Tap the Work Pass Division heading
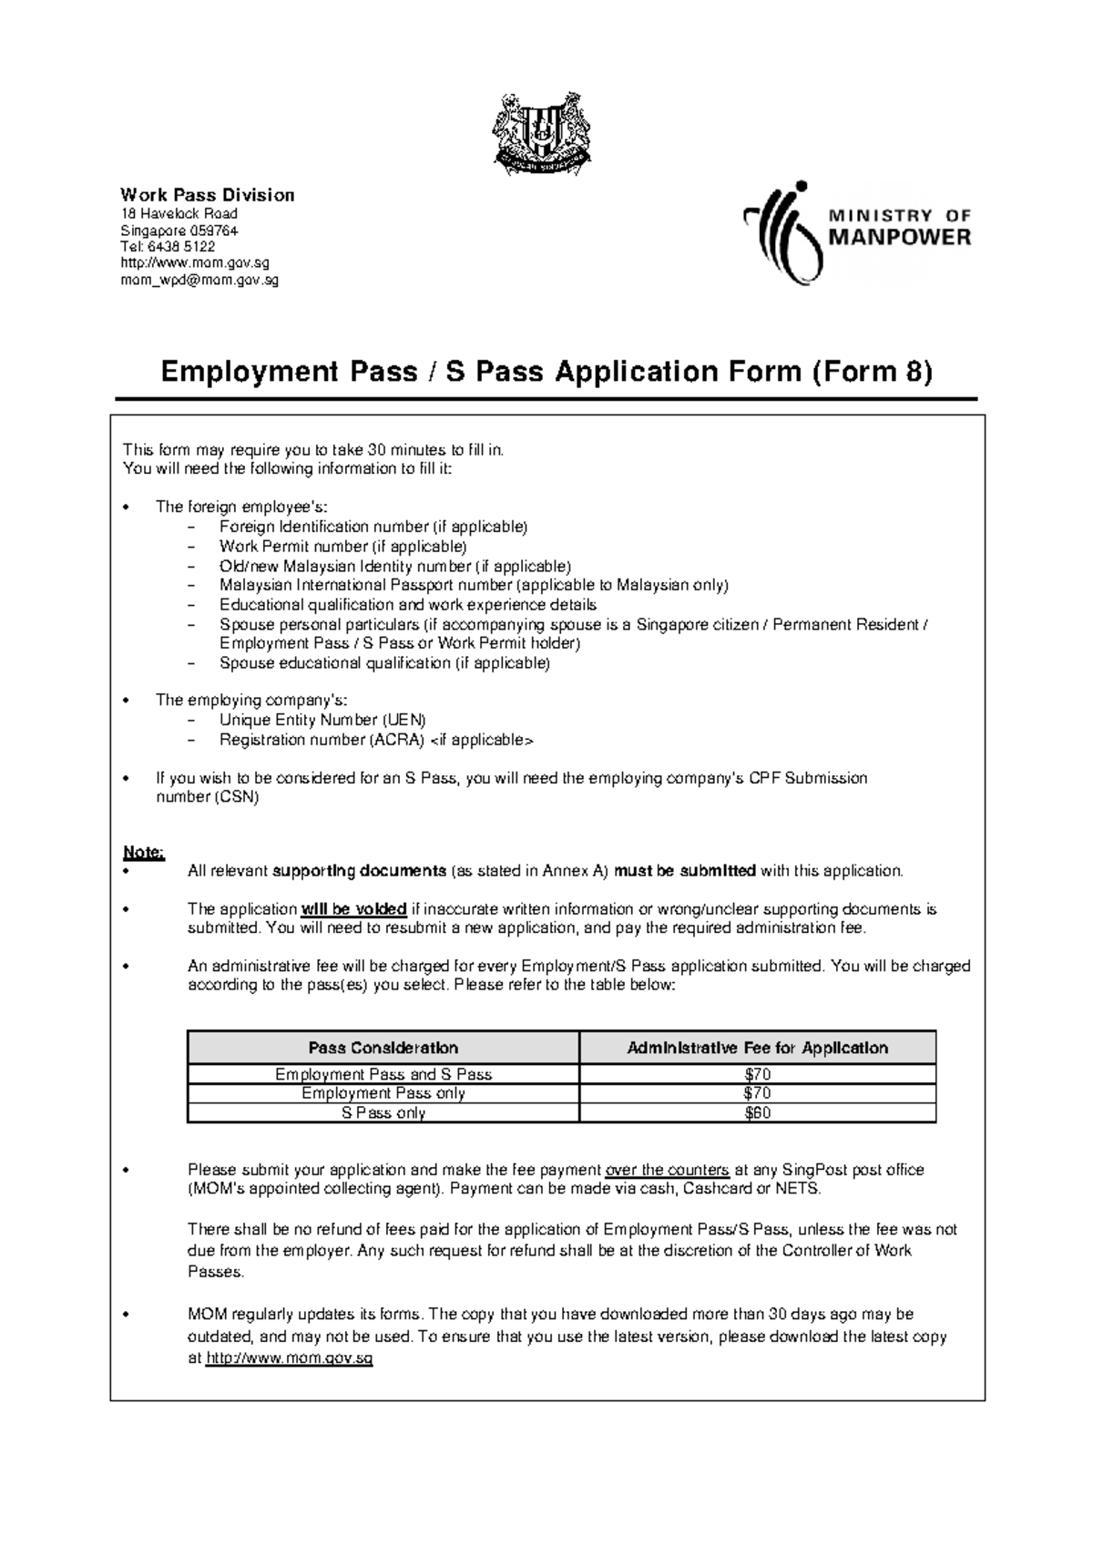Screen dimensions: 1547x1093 click(208, 195)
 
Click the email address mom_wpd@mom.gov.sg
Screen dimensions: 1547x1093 click(200, 281)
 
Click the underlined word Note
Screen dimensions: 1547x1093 click(143, 853)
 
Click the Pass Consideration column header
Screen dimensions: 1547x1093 click(383, 1048)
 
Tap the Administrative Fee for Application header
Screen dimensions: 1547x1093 click(758, 1048)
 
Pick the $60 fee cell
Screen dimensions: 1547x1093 click(758, 1113)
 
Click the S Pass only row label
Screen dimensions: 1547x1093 click(383, 1113)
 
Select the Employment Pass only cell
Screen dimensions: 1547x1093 click(383, 1093)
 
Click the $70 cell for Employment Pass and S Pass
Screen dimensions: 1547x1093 click(758, 1075)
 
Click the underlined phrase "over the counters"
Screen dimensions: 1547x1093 click(668, 1170)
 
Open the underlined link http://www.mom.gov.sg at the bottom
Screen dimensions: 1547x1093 click(291, 1358)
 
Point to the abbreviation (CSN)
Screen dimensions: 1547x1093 click(237, 797)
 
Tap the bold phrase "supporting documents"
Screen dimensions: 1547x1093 click(360, 871)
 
